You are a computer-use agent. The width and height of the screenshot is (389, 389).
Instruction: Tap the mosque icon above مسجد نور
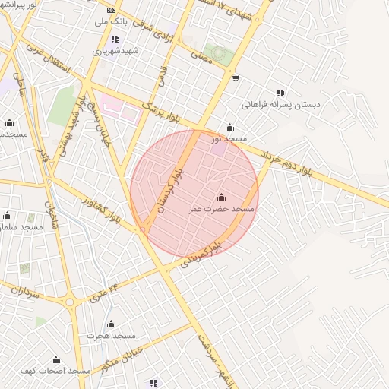[x=229, y=128]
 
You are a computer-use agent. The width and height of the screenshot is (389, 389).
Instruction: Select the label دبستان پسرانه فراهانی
[x=281, y=105]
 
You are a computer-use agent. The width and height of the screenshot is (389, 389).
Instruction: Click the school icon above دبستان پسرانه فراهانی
[x=280, y=93]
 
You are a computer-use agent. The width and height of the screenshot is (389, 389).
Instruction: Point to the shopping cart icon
[x=236, y=77]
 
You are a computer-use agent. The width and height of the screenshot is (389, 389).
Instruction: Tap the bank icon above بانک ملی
[x=112, y=10]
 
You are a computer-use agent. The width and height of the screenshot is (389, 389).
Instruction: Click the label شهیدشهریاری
[x=115, y=51]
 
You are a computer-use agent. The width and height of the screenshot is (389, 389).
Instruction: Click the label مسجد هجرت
[x=111, y=335]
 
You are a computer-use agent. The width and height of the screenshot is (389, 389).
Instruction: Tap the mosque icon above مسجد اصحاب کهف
[x=55, y=360]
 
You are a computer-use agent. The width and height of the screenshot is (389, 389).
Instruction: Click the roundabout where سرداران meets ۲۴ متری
[x=70, y=302]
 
